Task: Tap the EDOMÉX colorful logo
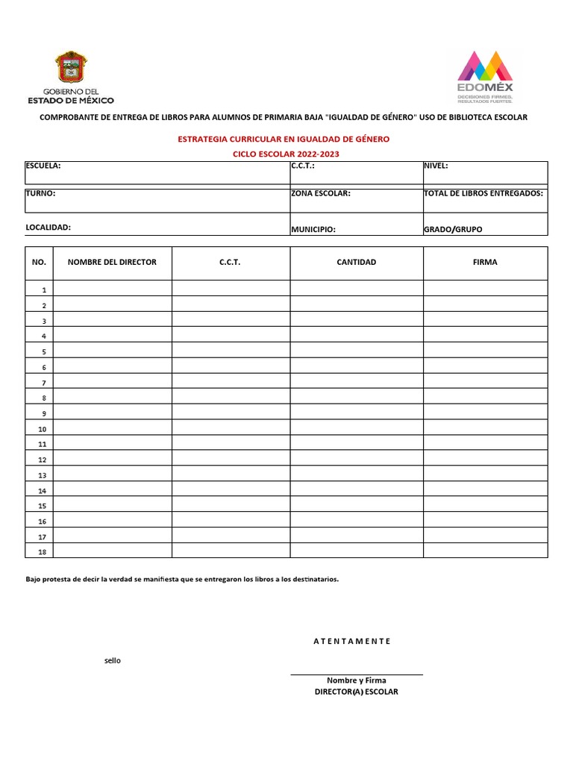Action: pos(485,71)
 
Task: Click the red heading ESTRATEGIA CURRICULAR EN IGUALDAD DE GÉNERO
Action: pos(283,139)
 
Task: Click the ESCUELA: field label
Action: pos(43,166)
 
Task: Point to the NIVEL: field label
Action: pos(436,166)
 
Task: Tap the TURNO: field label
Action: pos(40,193)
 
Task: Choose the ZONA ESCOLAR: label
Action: pos(321,193)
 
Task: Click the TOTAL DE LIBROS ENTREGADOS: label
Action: pos(483,193)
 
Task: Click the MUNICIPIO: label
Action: pos(313,230)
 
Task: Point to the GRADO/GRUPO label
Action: pos(453,230)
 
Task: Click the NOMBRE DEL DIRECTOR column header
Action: pos(112,263)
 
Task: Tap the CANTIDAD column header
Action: pos(357,263)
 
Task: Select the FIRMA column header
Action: pos(485,263)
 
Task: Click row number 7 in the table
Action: pos(44,383)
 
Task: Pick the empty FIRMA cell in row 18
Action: pos(485,551)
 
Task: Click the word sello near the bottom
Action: pos(112,660)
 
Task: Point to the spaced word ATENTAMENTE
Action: pos(351,641)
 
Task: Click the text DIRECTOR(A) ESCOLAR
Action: pos(357,692)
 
